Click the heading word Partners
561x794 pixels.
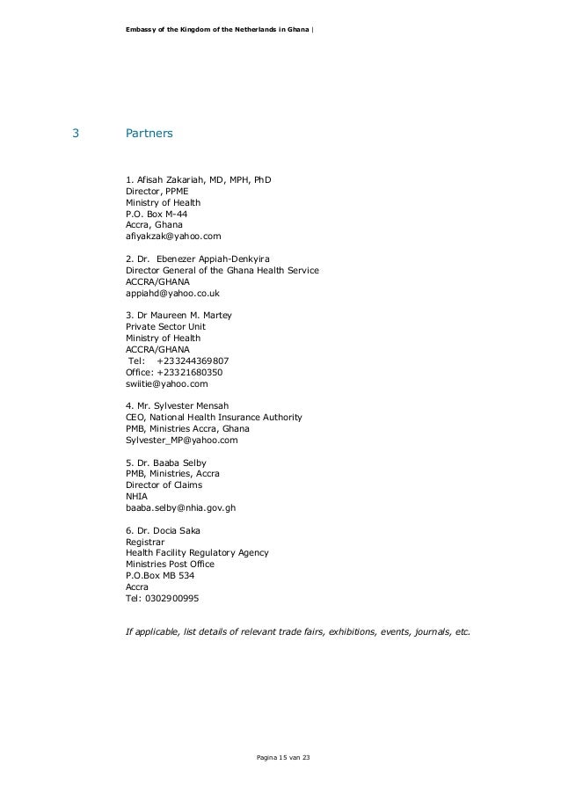[x=149, y=135]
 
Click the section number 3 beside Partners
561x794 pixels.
[x=76, y=135]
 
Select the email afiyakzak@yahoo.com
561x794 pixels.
[x=174, y=237]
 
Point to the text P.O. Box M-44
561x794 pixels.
[x=157, y=214]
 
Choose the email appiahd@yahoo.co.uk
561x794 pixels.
[x=173, y=293]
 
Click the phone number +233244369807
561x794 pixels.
[x=193, y=361]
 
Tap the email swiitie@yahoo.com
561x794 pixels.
[x=167, y=383]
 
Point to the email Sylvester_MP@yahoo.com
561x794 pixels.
[x=182, y=440]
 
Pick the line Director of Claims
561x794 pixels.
[x=164, y=485]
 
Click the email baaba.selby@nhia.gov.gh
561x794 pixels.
[x=181, y=507]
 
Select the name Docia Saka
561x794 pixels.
[x=176, y=530]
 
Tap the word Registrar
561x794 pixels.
[x=145, y=542]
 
